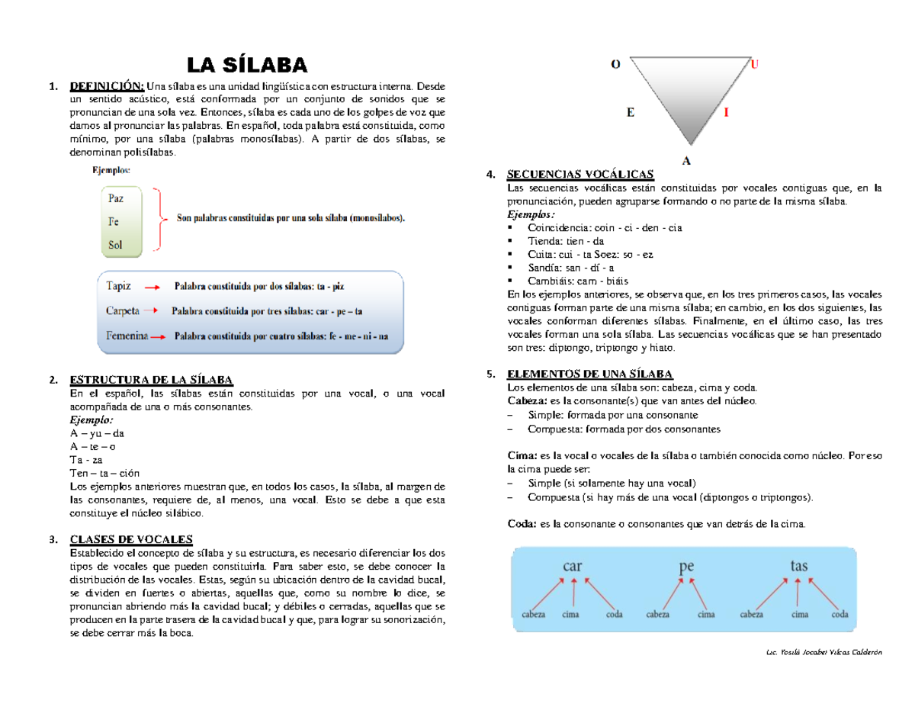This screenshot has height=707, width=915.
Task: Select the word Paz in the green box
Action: (116, 198)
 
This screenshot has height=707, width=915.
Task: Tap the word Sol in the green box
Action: (115, 245)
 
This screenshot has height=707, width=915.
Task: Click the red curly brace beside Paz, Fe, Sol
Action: (159, 219)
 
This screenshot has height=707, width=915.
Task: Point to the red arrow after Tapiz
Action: (152, 288)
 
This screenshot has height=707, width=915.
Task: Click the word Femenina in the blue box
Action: (127, 336)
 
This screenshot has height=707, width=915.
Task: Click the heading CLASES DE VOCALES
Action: (131, 539)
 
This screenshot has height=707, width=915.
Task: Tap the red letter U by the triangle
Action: (755, 65)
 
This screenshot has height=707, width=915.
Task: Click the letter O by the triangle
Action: (615, 65)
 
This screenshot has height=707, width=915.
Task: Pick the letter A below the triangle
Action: (687, 161)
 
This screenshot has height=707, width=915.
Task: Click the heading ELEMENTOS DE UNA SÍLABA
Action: (589, 374)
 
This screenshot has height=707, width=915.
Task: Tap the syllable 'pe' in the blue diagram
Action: (686, 567)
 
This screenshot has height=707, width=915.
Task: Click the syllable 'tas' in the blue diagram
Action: (798, 566)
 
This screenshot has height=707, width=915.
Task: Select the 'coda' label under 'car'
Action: (614, 613)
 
